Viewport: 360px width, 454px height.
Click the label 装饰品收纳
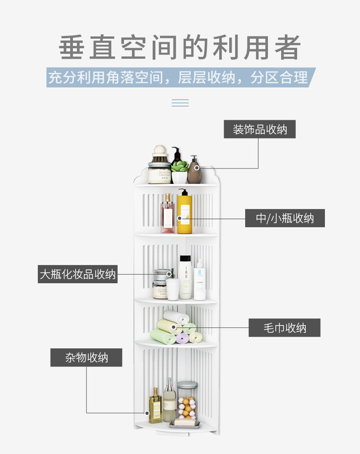(x=259, y=129)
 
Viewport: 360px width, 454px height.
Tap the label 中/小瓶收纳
(x=285, y=218)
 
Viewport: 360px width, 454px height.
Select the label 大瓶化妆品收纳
(x=77, y=274)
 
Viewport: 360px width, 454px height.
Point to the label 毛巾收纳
(x=284, y=328)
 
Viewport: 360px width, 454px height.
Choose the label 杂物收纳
(x=86, y=357)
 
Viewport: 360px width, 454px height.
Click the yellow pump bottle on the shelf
(x=185, y=213)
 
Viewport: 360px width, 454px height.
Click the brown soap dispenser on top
(x=195, y=170)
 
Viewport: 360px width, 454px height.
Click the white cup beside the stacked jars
(x=173, y=289)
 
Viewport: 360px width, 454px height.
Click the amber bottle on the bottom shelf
(x=155, y=406)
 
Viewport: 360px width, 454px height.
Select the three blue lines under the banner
(x=180, y=103)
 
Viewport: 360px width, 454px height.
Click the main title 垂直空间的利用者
(x=180, y=47)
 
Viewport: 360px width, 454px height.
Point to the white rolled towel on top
(x=176, y=316)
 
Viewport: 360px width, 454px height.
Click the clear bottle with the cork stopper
(x=170, y=401)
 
